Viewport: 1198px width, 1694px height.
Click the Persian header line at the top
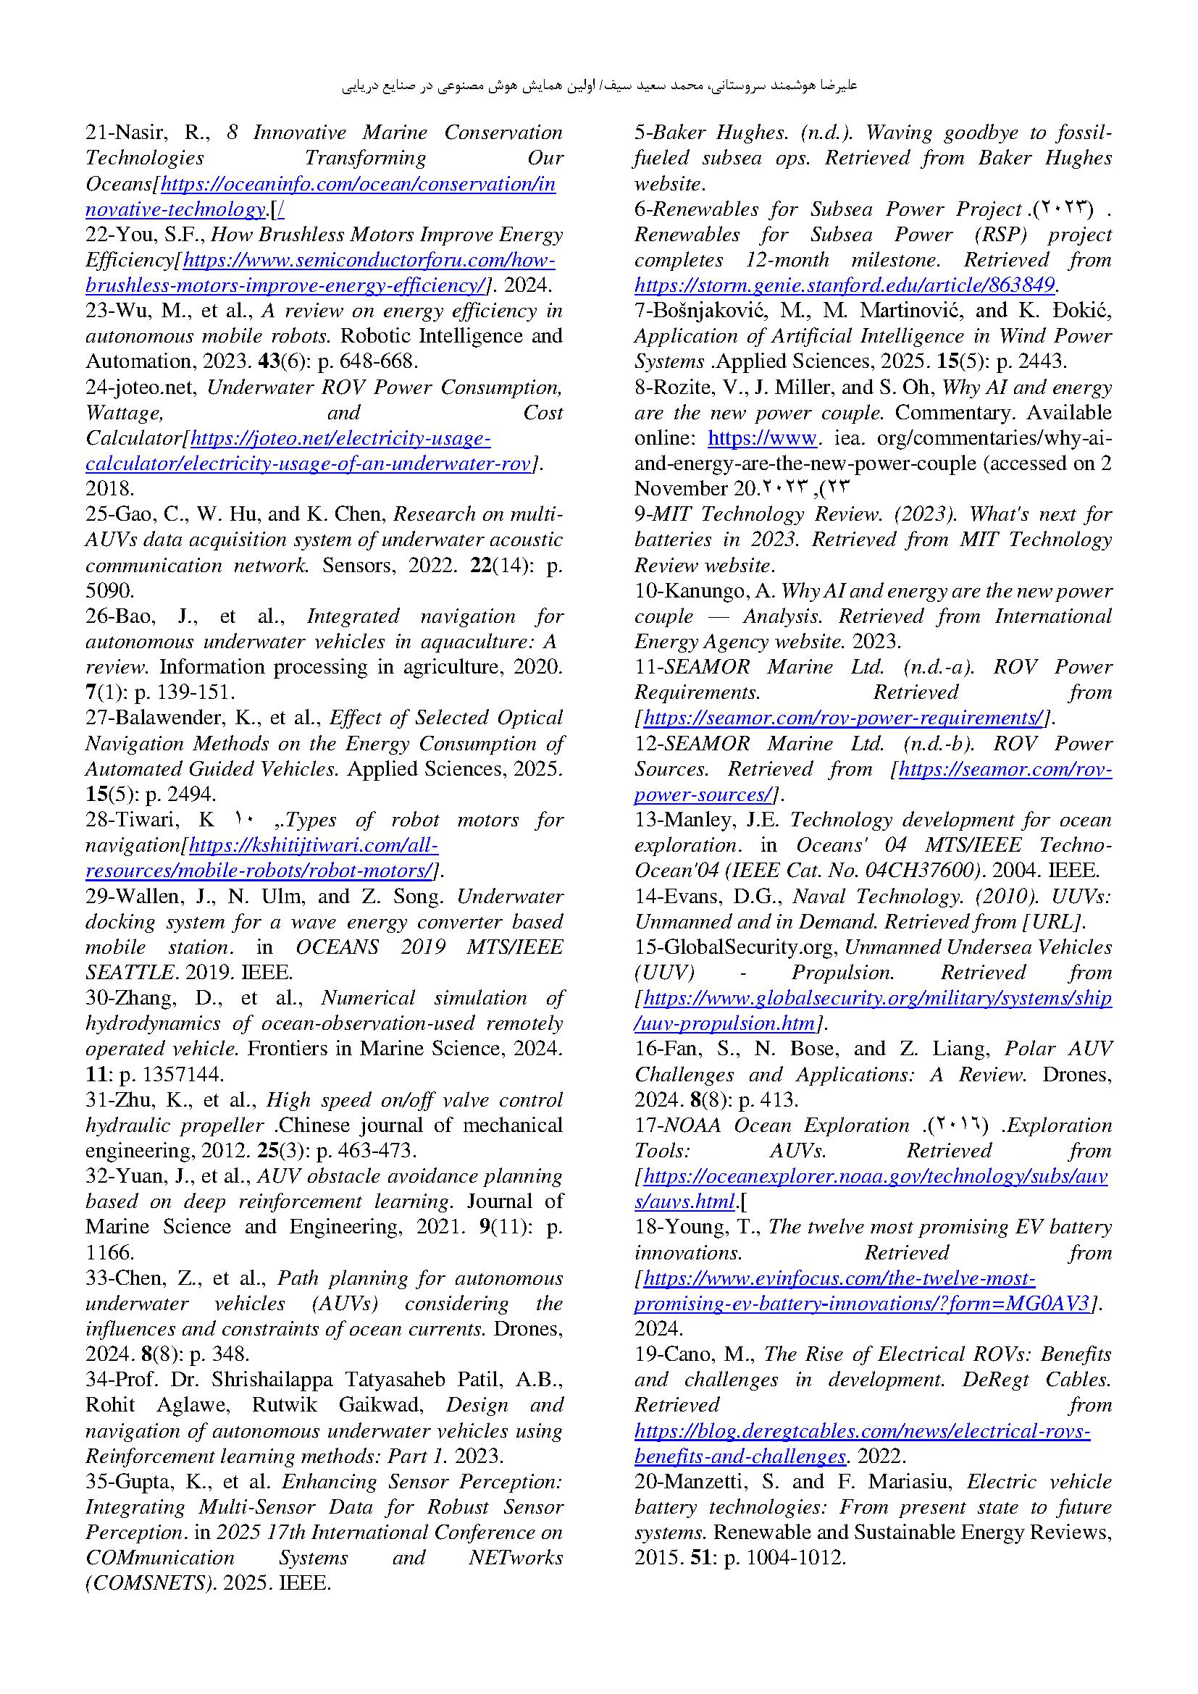599,86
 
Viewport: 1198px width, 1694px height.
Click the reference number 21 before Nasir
96,133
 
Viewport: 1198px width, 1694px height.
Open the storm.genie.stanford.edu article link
845,285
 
